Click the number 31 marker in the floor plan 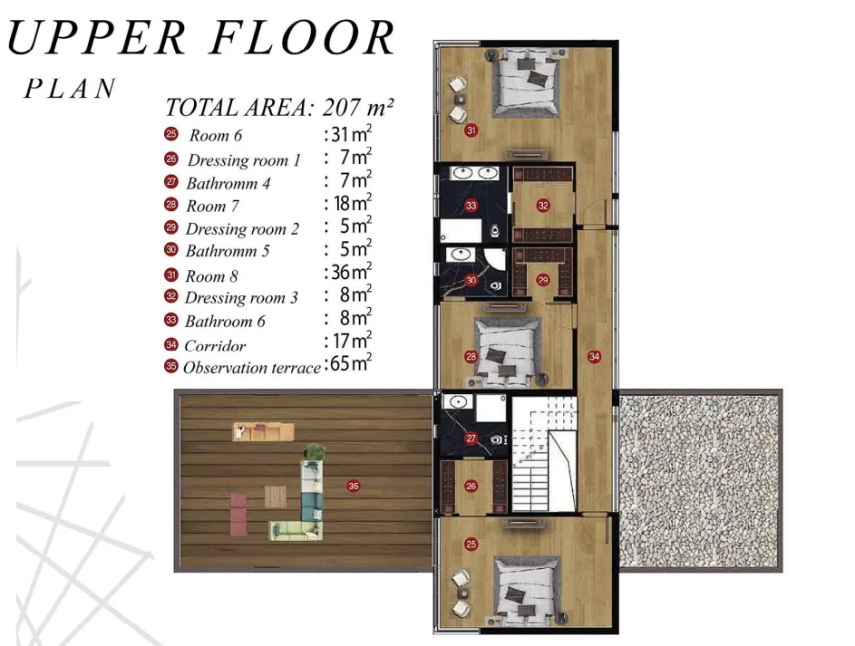click(x=471, y=130)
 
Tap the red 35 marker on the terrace click(x=354, y=486)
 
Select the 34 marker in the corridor click(x=594, y=356)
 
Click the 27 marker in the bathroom click(x=471, y=439)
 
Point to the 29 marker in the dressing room click(x=542, y=280)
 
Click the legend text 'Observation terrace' click(x=252, y=368)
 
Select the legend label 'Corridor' click(x=215, y=346)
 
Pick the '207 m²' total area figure click(x=358, y=107)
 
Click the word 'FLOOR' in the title click(x=302, y=37)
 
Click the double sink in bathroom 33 click(x=474, y=173)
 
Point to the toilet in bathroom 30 click(x=496, y=285)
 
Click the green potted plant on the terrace click(x=316, y=451)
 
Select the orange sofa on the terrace click(x=263, y=431)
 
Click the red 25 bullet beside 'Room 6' click(x=171, y=134)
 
